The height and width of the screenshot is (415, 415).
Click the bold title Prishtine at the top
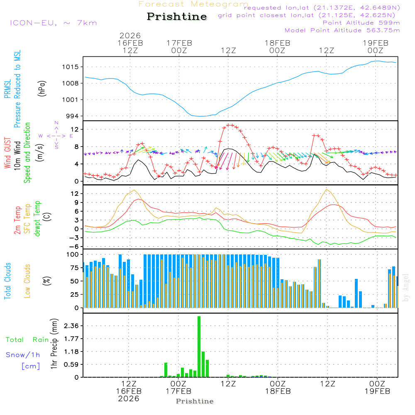(x=177, y=17)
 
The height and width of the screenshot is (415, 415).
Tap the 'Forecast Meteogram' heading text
(x=193, y=4)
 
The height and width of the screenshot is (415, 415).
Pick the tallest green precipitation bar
(x=199, y=347)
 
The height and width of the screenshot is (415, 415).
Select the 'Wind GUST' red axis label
(x=7, y=154)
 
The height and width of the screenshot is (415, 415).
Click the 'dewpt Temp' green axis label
(x=37, y=219)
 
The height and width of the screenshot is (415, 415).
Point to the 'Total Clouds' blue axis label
(x=7, y=281)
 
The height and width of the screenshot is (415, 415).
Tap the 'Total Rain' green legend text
(x=27, y=339)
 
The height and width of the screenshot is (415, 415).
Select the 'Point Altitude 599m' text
(x=361, y=22)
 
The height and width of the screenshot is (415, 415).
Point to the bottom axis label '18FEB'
(x=277, y=391)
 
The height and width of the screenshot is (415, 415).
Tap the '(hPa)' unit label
(x=41, y=88)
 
